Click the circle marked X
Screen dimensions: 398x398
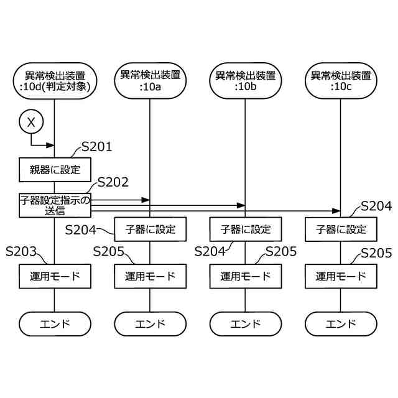[31, 123]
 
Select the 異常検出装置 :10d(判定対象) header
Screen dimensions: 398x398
[55, 81]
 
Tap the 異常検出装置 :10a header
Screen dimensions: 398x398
[150, 81]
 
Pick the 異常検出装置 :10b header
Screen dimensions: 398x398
[245, 81]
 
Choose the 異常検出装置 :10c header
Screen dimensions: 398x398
[340, 81]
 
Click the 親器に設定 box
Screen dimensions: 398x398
[55, 168]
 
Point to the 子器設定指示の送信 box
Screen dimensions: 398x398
[55, 205]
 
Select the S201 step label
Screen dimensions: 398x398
[96, 147]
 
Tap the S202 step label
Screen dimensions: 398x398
[113, 182]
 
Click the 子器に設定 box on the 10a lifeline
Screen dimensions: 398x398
[150, 229]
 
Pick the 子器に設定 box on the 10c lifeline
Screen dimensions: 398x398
[340, 229]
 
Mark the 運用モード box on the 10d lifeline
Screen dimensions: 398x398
[55, 276]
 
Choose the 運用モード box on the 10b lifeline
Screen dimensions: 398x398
[245, 276]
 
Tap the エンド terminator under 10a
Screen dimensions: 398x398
[150, 324]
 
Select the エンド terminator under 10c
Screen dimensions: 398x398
[340, 324]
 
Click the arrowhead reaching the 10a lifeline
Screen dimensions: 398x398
[146, 200]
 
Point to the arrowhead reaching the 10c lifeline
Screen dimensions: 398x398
[336, 211]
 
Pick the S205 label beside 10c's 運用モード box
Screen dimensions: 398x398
[376, 253]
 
